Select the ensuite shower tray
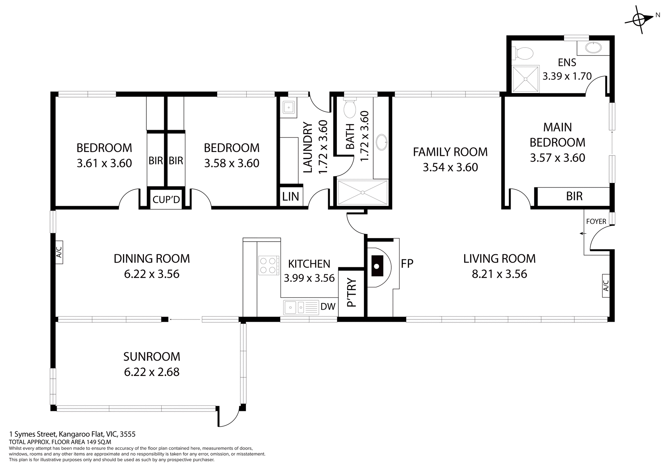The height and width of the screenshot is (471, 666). (x=526, y=79)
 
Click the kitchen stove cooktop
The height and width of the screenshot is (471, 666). (x=268, y=265)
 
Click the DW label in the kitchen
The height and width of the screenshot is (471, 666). (x=328, y=306)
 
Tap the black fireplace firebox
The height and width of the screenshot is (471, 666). (x=377, y=266)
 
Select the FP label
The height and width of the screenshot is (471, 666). (x=407, y=264)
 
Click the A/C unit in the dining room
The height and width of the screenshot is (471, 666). (x=59, y=252)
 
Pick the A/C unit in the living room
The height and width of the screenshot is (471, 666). (x=606, y=285)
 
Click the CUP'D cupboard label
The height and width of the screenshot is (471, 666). (x=166, y=200)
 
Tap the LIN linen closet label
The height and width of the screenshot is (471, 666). (x=290, y=197)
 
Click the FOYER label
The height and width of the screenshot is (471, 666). (x=596, y=221)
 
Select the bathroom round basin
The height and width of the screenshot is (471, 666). (x=382, y=142)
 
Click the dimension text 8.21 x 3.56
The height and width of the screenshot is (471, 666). (x=499, y=274)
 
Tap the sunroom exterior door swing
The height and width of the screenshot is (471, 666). (x=229, y=417)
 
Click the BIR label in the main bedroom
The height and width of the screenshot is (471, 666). (x=574, y=196)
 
